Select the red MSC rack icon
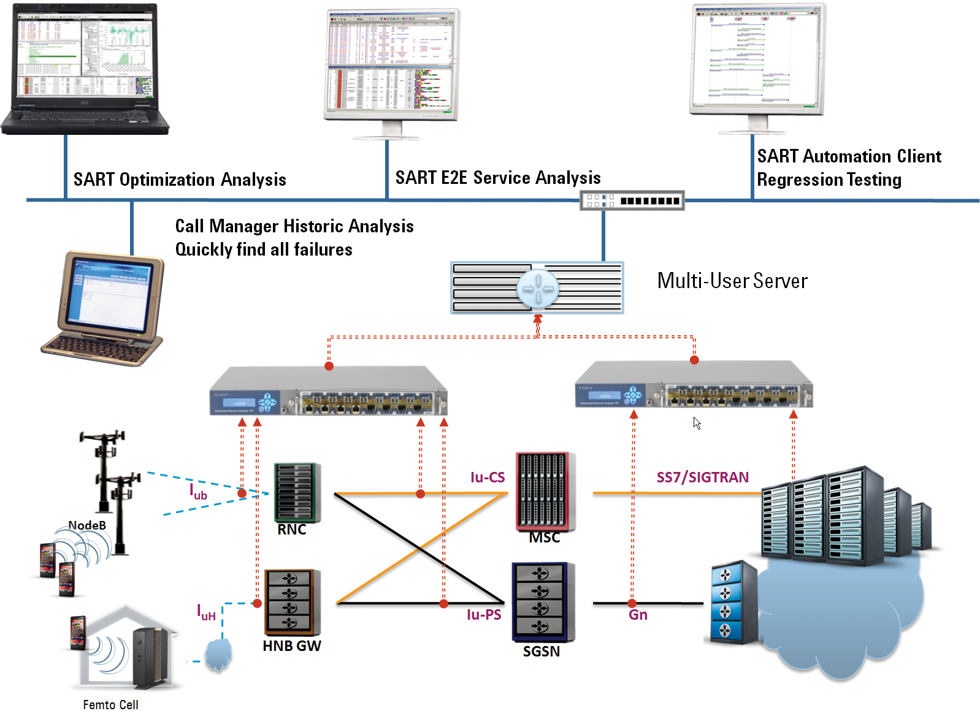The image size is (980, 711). [545, 491]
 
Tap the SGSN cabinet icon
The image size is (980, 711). [543, 602]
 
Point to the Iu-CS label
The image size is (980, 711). [488, 477]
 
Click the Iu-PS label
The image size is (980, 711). [484, 614]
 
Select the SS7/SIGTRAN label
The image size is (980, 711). [702, 477]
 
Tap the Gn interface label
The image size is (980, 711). [638, 615]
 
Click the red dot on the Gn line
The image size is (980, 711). [632, 603]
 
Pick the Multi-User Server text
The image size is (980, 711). [732, 281]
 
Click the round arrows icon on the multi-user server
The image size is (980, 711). [538, 288]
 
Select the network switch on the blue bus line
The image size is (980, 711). [632, 200]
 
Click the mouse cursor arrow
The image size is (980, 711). [697, 423]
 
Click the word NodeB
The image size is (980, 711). [87, 525]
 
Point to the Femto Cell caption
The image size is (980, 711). [110, 704]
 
